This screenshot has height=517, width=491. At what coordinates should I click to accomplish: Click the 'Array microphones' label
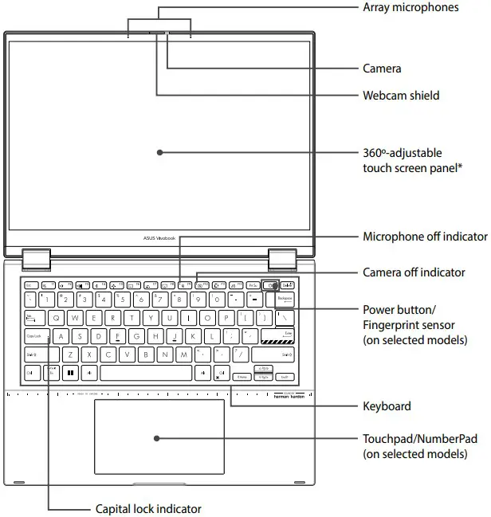pos(410,7)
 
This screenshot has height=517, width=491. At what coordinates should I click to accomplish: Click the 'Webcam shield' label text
pos(401,96)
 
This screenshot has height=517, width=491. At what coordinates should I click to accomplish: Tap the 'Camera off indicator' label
pos(414,272)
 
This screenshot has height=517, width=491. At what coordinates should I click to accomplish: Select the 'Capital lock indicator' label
pos(148,508)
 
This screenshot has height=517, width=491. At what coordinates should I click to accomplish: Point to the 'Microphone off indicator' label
pos(425,237)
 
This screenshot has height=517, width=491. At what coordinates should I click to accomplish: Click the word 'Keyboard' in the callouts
pos(387,406)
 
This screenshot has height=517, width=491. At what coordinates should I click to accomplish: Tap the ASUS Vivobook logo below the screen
pos(159,237)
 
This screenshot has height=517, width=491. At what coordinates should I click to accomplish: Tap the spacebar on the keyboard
pos(146,373)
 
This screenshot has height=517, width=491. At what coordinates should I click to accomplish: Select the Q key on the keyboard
pos(56,318)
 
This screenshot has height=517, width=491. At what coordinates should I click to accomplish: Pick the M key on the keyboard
pos(184,354)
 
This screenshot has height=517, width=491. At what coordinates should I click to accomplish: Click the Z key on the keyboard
pos(70,354)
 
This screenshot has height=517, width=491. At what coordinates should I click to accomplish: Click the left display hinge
pos(37,258)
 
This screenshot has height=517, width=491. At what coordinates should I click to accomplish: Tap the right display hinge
pos(281,258)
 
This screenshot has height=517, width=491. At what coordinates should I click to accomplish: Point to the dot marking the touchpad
pos(158,437)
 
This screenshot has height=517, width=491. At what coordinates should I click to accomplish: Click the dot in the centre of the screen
pos(159,151)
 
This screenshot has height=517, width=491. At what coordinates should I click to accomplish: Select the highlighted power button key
pos(271,284)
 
